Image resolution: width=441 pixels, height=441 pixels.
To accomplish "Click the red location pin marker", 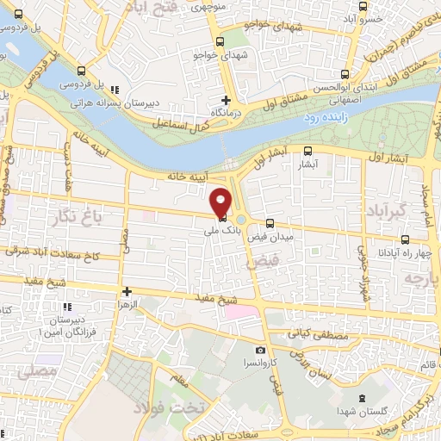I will (x=220, y=202).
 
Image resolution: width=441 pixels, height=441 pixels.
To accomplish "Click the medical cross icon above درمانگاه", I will (x=227, y=100).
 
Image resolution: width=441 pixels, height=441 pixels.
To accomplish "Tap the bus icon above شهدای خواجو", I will (x=220, y=41).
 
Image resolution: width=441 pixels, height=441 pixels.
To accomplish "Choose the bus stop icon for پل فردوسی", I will (x=81, y=71).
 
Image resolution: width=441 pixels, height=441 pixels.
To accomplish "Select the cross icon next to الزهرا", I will (x=127, y=292).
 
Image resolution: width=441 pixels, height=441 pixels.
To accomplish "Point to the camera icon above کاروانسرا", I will (x=260, y=351).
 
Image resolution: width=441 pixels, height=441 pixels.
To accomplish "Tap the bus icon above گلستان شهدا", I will (x=362, y=397).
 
